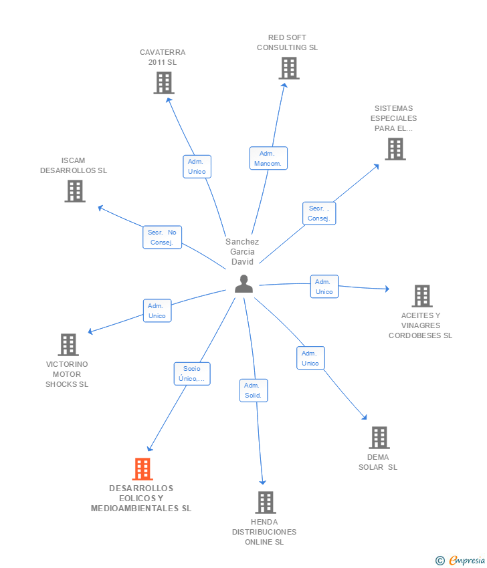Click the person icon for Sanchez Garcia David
[x=243, y=284]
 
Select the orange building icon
[x=142, y=469]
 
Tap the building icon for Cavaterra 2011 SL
[x=164, y=83]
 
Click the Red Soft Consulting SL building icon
[x=288, y=68]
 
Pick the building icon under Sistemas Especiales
[x=395, y=149]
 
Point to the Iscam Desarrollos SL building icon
[x=75, y=191]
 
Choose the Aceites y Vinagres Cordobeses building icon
[x=421, y=295]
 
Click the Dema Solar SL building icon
[x=379, y=438]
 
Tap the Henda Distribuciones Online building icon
[x=266, y=503]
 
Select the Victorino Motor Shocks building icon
[x=68, y=345]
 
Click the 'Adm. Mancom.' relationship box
[x=268, y=158]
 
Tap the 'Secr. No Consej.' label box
[x=162, y=237]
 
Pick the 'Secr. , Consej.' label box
[x=319, y=213]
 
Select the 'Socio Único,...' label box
[x=192, y=374]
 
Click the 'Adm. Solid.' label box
[x=254, y=390]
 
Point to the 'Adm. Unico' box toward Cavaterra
[x=197, y=166]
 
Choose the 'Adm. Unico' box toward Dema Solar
[x=310, y=358]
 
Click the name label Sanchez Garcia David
[x=242, y=252]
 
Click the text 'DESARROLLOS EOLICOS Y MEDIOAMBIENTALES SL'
[x=141, y=499]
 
